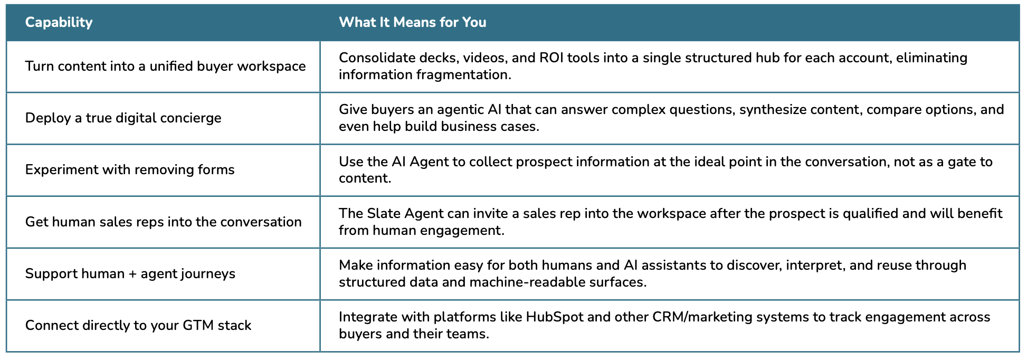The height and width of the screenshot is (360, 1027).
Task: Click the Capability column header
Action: tap(59, 22)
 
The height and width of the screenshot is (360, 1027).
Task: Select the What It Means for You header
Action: tap(412, 22)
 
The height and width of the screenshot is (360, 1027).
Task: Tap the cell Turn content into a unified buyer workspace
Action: tap(165, 66)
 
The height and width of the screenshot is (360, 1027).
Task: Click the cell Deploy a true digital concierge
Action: tap(123, 118)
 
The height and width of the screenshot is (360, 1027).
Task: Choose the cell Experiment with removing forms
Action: tap(130, 169)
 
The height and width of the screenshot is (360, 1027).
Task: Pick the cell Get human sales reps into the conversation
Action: tap(163, 222)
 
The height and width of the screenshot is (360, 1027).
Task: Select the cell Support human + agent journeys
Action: tap(130, 273)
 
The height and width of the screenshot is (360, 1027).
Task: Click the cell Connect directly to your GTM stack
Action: tap(138, 325)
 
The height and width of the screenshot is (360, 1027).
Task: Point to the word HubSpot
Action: tap(555, 317)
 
